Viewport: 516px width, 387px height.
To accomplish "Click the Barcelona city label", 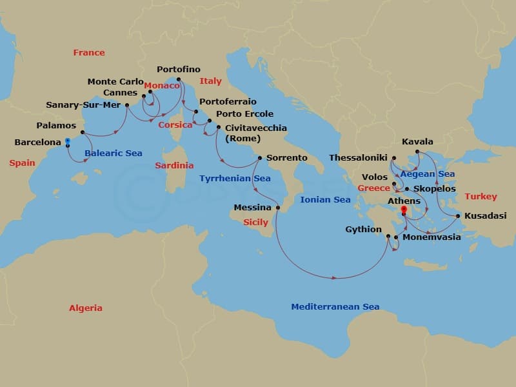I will [x=37, y=142].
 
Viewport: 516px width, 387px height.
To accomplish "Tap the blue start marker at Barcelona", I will [x=68, y=141].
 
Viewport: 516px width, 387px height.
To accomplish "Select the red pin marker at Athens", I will [x=404, y=210].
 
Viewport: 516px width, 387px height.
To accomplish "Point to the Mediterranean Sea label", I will [x=335, y=307].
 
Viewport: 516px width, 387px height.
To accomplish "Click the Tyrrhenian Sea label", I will [x=235, y=178].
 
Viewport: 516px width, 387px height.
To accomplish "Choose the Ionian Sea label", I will [x=325, y=199].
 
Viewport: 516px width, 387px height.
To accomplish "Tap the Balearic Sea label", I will [x=114, y=154].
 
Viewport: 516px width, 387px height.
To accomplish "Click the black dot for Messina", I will [x=278, y=208].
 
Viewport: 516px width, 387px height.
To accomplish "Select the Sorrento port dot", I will [x=259, y=158].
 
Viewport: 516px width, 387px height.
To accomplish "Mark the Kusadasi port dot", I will [x=458, y=216].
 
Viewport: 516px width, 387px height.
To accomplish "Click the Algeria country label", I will [x=86, y=308].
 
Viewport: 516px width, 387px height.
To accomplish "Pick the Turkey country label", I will [x=481, y=196].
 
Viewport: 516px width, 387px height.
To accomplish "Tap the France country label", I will [x=89, y=53].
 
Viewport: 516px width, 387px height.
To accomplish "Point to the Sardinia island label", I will [x=174, y=166].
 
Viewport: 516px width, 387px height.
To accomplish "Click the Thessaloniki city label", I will [x=358, y=157].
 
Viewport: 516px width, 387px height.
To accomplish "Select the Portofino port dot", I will [x=179, y=80].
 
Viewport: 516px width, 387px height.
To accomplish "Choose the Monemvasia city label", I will [x=432, y=237].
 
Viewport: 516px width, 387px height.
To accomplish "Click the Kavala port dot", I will [x=417, y=152].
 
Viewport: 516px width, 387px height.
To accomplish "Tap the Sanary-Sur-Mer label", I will [x=84, y=105].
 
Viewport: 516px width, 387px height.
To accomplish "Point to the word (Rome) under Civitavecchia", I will [x=243, y=138].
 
